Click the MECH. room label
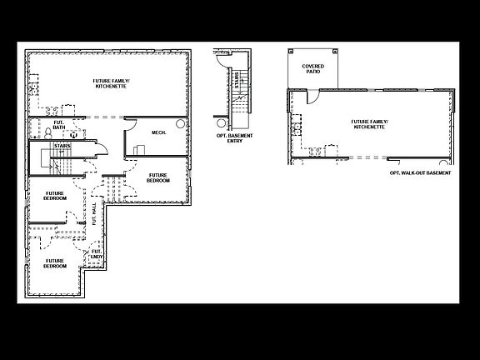click(159, 132)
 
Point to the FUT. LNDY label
click(97, 253)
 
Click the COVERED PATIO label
click(313, 68)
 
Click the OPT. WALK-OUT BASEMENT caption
click(420, 172)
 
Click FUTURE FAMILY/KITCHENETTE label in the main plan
click(110, 83)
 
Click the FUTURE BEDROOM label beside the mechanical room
click(158, 178)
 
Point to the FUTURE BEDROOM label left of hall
click(56, 197)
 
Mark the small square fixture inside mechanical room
click(142, 149)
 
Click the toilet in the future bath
click(73, 133)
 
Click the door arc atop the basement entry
click(221, 62)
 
